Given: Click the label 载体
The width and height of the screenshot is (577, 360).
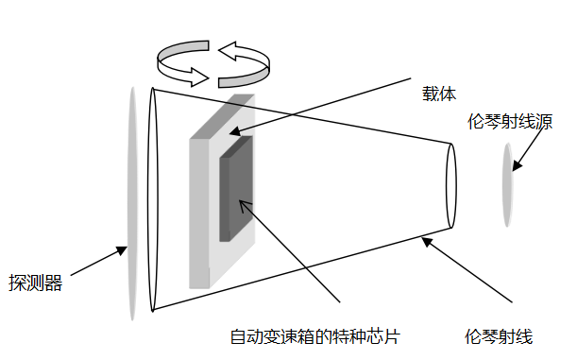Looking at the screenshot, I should click(x=439, y=94).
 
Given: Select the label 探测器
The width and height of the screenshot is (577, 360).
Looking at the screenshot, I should click(x=36, y=283).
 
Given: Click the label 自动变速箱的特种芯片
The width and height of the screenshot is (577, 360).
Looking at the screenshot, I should click(x=315, y=336).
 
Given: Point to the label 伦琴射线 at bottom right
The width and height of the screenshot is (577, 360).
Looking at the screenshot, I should click(x=500, y=336).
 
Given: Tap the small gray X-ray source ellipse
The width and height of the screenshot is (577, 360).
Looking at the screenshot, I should click(x=508, y=184).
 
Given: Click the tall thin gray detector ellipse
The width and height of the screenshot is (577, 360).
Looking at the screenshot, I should click(x=131, y=203).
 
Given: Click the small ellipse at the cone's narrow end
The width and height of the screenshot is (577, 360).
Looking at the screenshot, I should click(x=450, y=188).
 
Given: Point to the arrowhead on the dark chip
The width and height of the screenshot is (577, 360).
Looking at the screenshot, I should click(x=244, y=202).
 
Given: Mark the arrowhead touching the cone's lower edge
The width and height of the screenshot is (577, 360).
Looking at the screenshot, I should click(x=427, y=242).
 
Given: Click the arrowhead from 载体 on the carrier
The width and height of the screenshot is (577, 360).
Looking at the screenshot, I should click(x=232, y=132).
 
